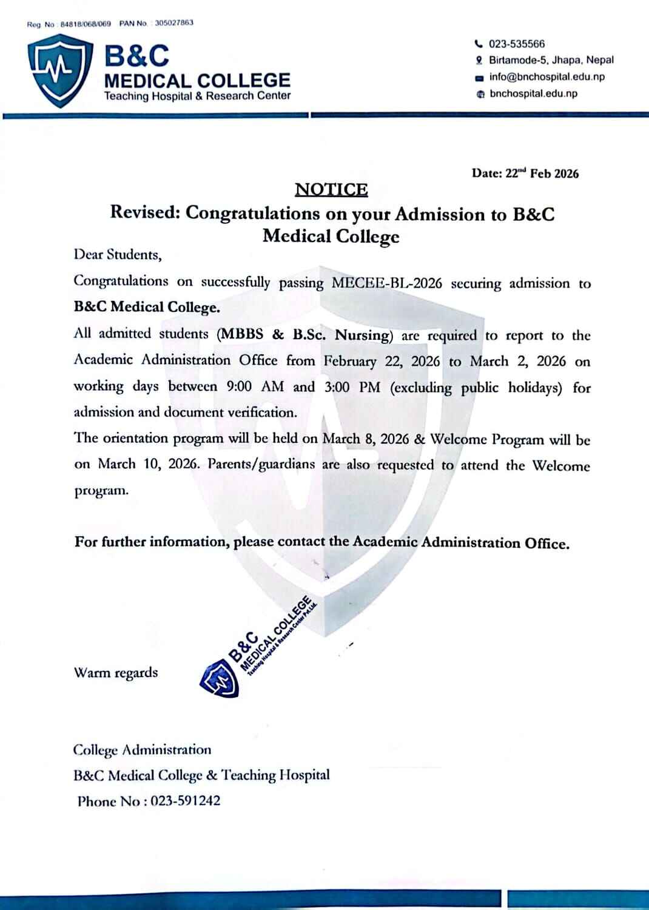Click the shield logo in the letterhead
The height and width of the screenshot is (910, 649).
[x=59, y=72]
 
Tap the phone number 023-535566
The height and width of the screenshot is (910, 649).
[x=517, y=44]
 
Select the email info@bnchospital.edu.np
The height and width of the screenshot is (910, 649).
[x=546, y=77]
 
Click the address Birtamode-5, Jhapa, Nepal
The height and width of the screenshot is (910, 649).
[x=551, y=60]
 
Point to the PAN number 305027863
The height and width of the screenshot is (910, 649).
[x=174, y=23]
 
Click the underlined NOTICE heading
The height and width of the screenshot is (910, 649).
[x=331, y=190]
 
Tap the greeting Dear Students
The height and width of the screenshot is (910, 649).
[x=118, y=255]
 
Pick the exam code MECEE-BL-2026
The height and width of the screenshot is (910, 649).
[x=387, y=283]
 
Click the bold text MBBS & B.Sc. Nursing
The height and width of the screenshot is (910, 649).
[x=304, y=335]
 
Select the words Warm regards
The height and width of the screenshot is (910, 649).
[x=115, y=673]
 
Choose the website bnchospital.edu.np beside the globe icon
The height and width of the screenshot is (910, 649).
[x=533, y=93]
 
